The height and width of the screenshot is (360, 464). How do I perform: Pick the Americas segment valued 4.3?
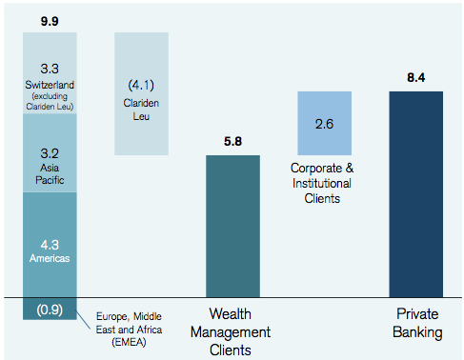[49, 243]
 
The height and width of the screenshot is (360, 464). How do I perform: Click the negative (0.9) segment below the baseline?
[49, 310]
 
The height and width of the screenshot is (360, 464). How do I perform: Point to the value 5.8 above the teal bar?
[232, 141]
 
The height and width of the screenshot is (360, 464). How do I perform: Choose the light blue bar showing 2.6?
[325, 124]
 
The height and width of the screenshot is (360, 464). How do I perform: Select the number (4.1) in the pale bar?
[141, 83]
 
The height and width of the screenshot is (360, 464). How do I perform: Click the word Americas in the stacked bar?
[49, 257]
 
